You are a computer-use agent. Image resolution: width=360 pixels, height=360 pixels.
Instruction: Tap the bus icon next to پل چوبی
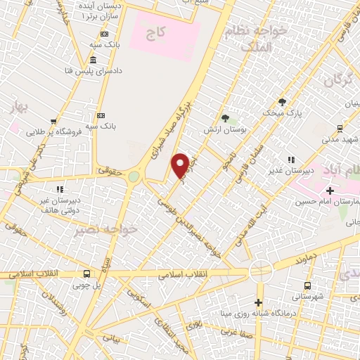tap(86, 274)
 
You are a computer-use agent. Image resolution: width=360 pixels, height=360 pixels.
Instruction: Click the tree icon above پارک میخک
tap(282, 101)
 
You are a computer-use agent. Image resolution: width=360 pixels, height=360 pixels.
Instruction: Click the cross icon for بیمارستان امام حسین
tap(330, 191)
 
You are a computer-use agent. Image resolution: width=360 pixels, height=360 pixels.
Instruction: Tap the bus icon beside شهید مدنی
tap(340, 128)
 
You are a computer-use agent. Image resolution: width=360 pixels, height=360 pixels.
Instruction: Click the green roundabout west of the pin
tap(133, 178)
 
